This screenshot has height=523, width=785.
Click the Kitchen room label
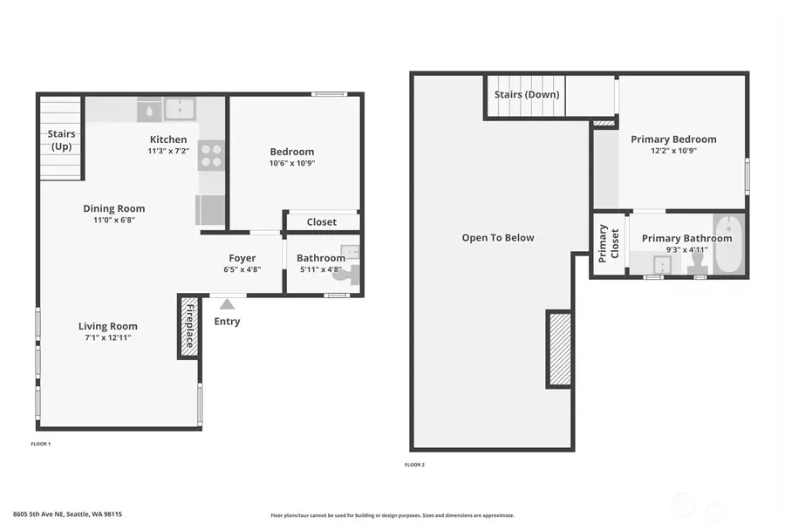[168, 139]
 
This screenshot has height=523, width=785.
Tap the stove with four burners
[211, 155]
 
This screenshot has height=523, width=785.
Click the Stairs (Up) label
[61, 139]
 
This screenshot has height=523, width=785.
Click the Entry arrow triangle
[227, 304]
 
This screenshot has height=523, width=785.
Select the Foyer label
[242, 258]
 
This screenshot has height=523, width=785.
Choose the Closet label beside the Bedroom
[321, 222]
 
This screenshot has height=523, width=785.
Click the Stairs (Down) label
[527, 94]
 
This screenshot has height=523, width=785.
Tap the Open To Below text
[498, 238]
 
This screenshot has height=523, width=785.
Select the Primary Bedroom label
[673, 139]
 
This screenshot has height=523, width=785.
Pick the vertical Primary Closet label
[609, 244]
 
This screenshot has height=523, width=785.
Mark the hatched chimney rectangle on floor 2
[559, 349]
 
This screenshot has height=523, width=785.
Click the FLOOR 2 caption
[414, 465]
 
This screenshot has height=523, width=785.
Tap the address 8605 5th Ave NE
[67, 514]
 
